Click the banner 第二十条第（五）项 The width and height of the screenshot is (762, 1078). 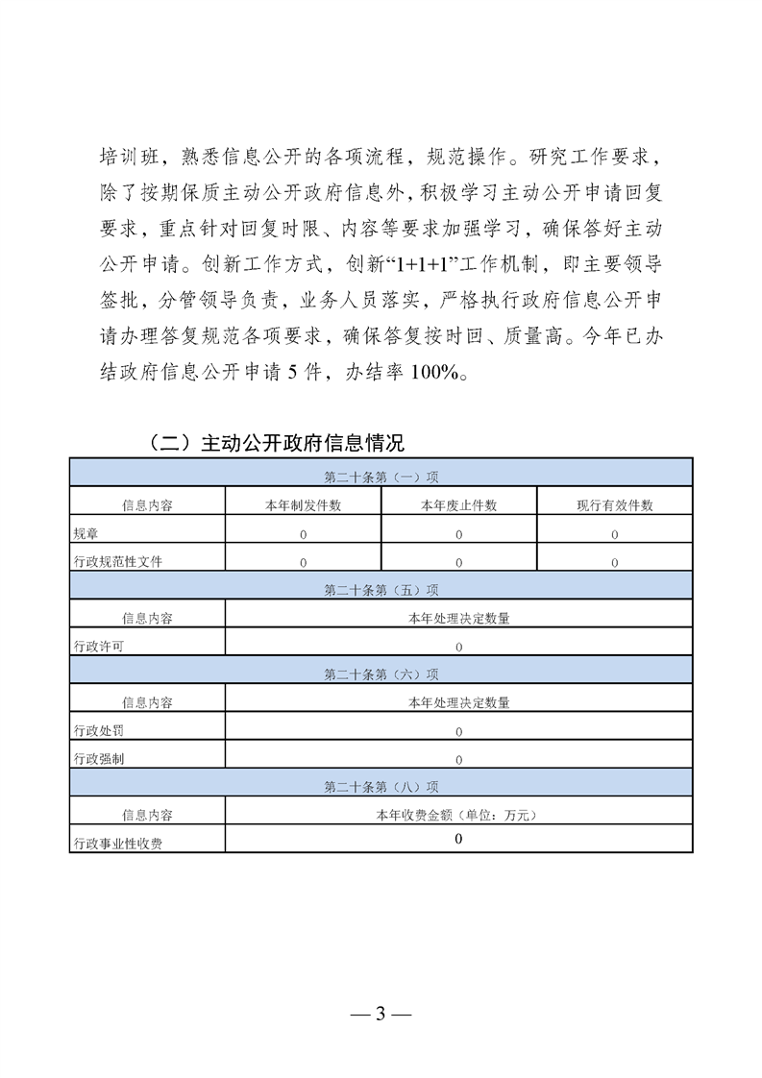[381, 590]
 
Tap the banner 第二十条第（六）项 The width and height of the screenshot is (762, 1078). [381, 674]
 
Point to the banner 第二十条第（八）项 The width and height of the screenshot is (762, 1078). [381, 786]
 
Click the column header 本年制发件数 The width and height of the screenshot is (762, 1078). [303, 505]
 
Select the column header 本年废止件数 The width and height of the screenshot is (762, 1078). [458, 505]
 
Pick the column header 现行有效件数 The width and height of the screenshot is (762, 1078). [614, 505]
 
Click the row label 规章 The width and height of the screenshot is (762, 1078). [86, 533]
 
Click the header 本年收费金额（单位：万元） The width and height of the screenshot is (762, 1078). [458, 815]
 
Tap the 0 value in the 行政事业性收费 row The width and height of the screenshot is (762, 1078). [458, 839]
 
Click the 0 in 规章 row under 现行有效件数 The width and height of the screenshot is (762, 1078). [614, 534]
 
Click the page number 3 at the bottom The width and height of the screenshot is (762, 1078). [381, 1014]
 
